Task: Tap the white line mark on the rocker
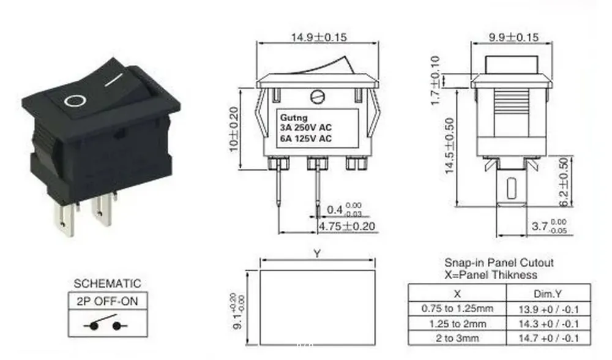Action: coord(114,80)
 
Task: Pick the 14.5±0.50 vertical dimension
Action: coord(450,146)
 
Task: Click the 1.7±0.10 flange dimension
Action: coord(435,80)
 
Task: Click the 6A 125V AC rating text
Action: coord(305,138)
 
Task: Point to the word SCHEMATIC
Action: coord(107,283)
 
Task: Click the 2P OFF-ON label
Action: coord(107,301)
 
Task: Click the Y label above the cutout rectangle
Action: coord(316,253)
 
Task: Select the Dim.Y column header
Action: coord(550,293)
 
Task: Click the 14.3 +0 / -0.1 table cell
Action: coord(550,323)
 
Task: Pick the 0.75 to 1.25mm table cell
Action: coord(457,308)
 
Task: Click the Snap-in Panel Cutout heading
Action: coord(499,263)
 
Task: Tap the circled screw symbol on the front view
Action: coord(316,96)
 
